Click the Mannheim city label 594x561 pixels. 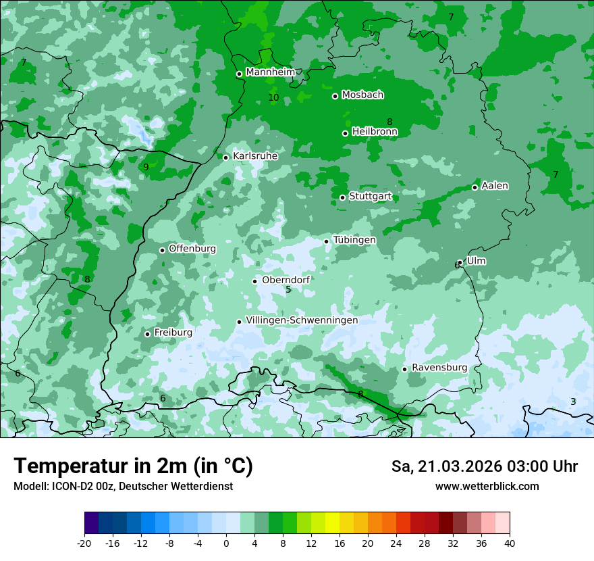click(x=270, y=72)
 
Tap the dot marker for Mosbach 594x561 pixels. click(x=335, y=96)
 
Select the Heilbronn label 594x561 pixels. click(x=375, y=132)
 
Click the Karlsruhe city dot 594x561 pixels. click(x=226, y=157)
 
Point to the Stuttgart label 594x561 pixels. click(x=370, y=196)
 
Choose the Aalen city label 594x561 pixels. click(x=495, y=186)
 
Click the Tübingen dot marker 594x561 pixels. click(x=327, y=241)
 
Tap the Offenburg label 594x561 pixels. click(x=192, y=249)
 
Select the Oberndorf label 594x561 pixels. click(x=286, y=280)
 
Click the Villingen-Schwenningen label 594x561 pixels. click(x=302, y=320)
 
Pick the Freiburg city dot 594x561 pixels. click(x=147, y=334)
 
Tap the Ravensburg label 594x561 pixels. click(x=439, y=368)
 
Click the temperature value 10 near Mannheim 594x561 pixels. click(x=273, y=98)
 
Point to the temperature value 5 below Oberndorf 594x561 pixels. click(x=288, y=290)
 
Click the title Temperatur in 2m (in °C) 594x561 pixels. click(x=133, y=466)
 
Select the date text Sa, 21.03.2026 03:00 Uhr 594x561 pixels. click(x=485, y=466)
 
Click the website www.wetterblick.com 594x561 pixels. click(x=487, y=487)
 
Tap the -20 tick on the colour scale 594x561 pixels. click(x=84, y=543)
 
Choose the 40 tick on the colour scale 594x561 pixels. click(x=509, y=543)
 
